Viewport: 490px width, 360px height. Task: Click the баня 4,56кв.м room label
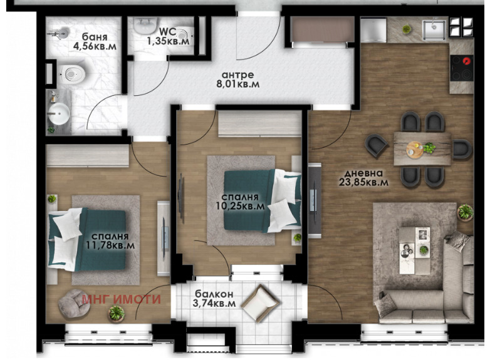[x=95, y=41]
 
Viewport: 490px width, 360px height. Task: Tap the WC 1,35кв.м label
[x=168, y=36]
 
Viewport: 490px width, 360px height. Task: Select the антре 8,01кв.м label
[x=238, y=80]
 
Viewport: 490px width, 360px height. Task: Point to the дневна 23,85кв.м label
[x=364, y=178]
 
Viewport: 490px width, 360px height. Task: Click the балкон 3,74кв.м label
[x=214, y=299]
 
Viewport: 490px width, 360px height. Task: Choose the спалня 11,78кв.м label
[x=110, y=240]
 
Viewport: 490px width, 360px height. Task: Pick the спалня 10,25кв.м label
[x=240, y=202]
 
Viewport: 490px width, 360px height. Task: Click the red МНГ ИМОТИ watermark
[x=122, y=299]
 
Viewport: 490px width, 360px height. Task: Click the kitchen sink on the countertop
[x=434, y=30]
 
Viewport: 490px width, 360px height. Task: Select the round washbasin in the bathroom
[x=59, y=114]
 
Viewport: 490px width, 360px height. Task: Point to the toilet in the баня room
[x=73, y=75]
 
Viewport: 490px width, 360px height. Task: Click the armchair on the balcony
[x=260, y=303]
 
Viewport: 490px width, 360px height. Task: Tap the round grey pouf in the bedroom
[x=75, y=304]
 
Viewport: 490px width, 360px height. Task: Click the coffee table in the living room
[x=415, y=250]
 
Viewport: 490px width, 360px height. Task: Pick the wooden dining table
[x=422, y=148]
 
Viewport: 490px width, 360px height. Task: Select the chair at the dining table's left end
[x=376, y=145]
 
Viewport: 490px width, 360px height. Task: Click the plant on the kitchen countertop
[x=407, y=29]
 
